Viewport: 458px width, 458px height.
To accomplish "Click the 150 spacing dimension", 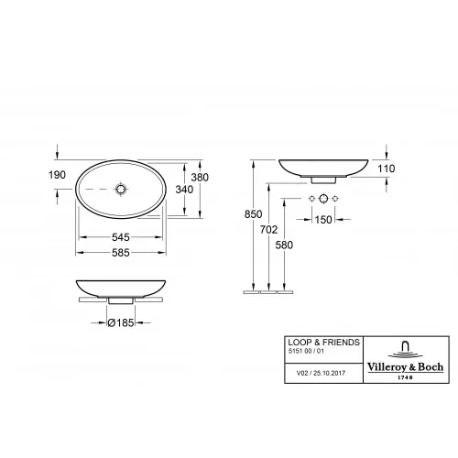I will point(324,220).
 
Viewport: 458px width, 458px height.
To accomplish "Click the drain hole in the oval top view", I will point(121,191).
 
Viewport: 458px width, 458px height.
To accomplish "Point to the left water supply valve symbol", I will point(312,200).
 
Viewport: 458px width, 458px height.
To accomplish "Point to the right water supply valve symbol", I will point(336,200).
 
